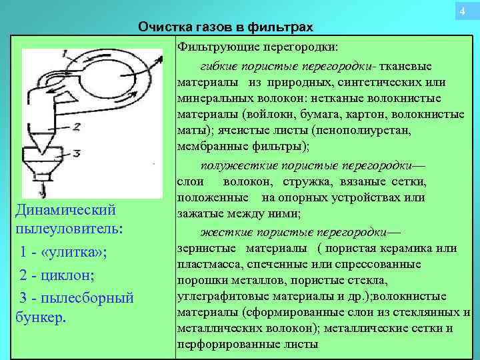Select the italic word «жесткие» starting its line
(223, 232)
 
